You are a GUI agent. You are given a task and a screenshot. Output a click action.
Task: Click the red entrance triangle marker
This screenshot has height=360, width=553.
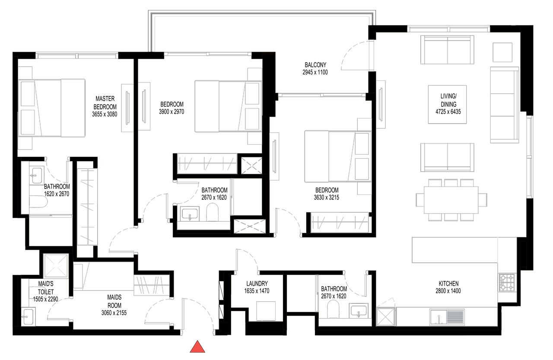197,347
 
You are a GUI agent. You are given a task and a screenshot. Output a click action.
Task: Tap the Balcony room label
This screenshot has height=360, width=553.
315,65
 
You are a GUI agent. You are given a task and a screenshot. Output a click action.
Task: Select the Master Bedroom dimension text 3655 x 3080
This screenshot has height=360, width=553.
105,115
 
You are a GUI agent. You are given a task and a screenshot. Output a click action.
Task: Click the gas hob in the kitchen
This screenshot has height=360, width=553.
507,282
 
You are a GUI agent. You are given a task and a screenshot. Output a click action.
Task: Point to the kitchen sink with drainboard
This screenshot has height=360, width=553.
447,317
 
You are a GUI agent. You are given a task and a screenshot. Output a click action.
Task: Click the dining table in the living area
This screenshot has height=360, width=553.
451,200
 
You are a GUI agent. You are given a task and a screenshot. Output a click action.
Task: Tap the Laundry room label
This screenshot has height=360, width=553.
257,284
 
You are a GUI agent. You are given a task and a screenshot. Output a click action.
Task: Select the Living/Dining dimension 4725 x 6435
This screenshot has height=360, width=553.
448,112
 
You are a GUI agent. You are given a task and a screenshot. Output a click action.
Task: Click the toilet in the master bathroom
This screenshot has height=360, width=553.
38,202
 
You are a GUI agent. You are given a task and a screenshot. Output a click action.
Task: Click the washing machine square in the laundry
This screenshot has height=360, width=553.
266,311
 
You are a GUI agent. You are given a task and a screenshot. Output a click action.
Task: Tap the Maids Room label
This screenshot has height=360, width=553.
114,301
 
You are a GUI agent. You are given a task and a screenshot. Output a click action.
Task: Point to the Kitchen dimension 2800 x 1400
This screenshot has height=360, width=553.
448,291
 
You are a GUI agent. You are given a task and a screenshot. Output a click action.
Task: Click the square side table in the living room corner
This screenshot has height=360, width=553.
502,52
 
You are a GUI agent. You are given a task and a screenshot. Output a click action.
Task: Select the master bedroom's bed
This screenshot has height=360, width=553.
51,108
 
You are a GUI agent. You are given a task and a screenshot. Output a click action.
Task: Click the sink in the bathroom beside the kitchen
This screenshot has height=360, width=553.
359,311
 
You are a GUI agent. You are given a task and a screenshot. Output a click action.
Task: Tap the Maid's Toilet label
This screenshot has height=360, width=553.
46,288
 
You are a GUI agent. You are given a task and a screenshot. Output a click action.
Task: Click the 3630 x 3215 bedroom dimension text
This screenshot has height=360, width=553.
326,198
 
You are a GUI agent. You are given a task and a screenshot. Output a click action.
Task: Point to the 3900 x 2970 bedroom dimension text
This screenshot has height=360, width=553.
172,112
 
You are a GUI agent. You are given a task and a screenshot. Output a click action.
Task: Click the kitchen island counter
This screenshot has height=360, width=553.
455,250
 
